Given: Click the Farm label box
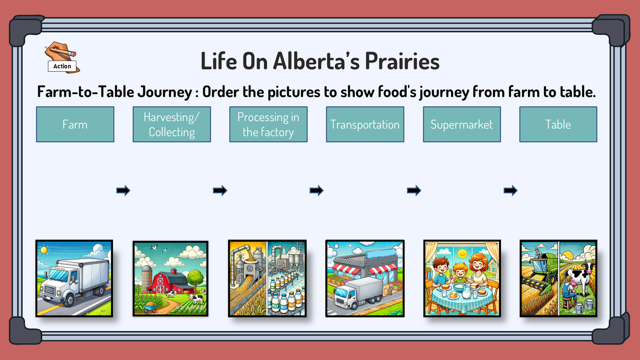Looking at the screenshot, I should tap(75, 124).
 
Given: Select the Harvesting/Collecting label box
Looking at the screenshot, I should tap(171, 124).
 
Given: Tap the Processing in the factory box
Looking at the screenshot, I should tap(268, 124).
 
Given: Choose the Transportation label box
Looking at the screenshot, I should tap(365, 124).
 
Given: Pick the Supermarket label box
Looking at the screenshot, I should tap(462, 124).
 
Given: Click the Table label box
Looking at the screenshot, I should tap(558, 124).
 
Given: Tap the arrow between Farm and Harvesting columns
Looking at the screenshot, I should tap(123, 190).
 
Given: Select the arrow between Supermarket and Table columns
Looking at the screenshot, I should tap(510, 190).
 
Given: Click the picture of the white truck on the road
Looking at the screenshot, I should tap(74, 278).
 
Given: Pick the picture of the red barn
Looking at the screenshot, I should tap(170, 278).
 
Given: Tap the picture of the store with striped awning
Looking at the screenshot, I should tap(364, 278).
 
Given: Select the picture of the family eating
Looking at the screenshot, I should tap(462, 278).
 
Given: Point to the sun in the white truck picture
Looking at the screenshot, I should tap(44, 249).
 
